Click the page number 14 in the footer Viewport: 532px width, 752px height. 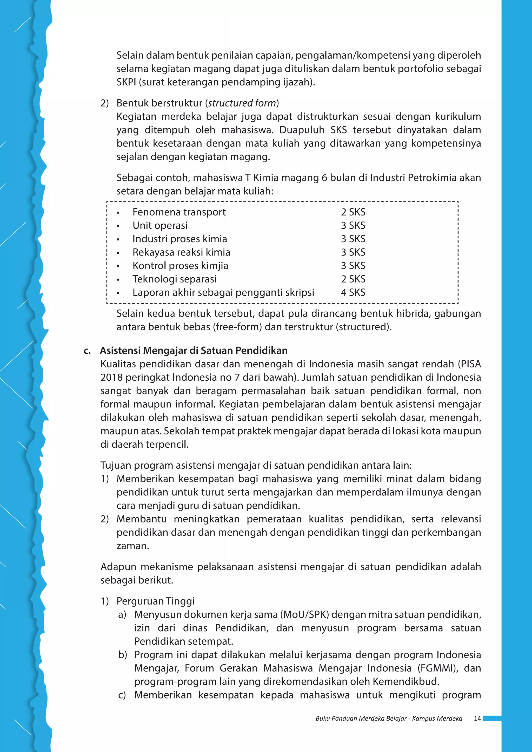[477, 718]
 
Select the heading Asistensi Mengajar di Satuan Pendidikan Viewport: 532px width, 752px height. [194, 351]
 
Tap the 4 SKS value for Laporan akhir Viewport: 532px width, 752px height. [353, 292]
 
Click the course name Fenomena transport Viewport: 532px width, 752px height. [179, 212]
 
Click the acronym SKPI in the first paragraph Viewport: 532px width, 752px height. [126, 82]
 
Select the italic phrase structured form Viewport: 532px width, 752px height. [242, 103]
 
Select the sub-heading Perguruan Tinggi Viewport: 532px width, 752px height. [155, 601]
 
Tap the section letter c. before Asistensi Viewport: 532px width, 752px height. [87, 351]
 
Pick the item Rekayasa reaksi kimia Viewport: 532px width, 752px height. [181, 252]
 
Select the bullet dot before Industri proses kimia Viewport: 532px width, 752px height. [118, 239]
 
